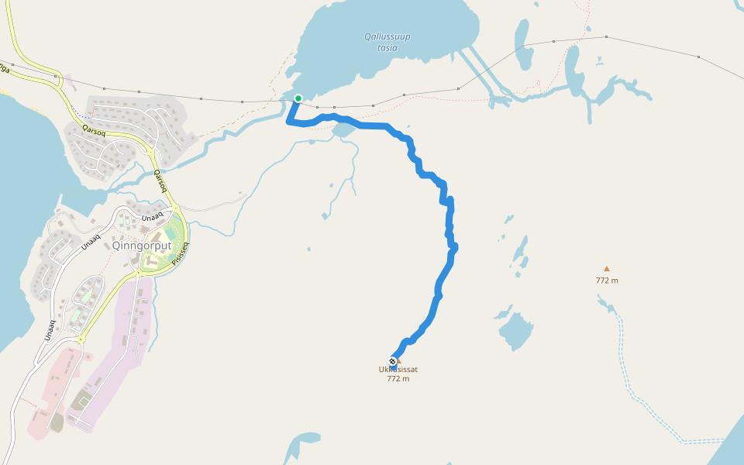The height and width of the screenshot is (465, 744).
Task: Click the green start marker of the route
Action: click(298, 98)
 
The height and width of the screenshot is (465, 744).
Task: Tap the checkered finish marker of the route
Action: click(393, 361)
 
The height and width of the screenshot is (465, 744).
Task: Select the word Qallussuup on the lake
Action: click(387, 36)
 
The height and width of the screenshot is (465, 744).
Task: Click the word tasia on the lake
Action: click(387, 48)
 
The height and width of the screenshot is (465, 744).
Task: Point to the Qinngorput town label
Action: click(142, 246)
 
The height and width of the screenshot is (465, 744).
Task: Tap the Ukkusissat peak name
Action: click(398, 370)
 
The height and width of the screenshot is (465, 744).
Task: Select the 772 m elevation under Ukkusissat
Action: click(398, 379)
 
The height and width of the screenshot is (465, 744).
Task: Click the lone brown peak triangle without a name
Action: click(607, 269)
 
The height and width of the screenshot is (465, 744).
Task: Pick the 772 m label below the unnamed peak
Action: click(607, 281)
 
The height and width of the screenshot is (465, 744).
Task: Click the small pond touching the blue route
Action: click(343, 129)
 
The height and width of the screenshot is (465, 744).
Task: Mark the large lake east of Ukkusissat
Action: click(516, 332)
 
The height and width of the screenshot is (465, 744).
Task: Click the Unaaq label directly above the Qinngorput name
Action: click(153, 215)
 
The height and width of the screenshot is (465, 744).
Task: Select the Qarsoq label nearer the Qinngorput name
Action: click(160, 180)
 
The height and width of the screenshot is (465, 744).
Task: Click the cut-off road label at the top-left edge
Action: click(4, 67)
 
